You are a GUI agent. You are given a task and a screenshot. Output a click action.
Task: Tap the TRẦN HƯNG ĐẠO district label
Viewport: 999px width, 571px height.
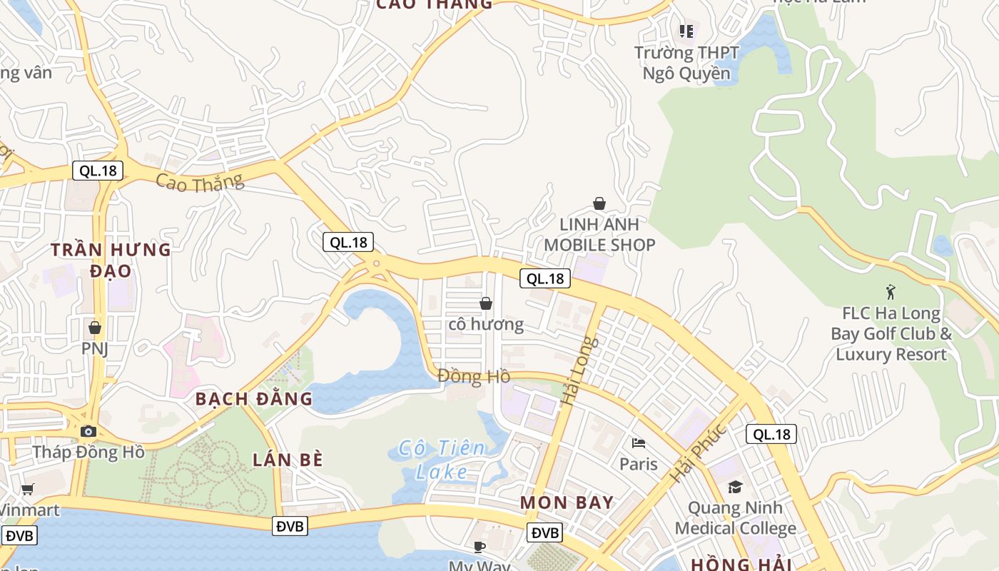point(111,260)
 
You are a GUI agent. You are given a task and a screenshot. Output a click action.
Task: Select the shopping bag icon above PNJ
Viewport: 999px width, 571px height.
point(94,328)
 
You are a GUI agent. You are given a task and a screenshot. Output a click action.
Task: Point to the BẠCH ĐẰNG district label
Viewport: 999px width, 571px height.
point(254,398)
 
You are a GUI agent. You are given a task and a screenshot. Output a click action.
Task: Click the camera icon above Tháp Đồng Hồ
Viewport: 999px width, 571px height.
point(88,431)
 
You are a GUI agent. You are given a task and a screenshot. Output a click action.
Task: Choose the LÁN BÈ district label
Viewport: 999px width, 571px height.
point(288,460)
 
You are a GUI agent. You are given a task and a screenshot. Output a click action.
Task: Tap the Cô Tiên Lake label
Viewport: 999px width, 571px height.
point(442,460)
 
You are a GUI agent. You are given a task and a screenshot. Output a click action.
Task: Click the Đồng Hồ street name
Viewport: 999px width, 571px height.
point(474,375)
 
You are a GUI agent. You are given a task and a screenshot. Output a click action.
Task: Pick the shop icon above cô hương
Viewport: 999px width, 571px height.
point(486,303)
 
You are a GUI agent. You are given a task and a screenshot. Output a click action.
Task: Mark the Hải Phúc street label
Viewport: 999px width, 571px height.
point(698,453)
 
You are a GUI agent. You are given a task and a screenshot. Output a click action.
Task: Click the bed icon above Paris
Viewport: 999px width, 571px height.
point(639,443)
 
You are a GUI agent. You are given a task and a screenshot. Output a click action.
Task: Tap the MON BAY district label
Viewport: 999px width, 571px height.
point(567,502)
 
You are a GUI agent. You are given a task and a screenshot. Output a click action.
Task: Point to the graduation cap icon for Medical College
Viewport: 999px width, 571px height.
point(735,487)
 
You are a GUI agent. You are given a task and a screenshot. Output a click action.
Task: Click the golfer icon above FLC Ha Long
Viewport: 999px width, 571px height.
point(891,291)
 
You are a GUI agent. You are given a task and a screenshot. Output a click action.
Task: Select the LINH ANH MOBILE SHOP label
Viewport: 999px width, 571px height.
point(599,234)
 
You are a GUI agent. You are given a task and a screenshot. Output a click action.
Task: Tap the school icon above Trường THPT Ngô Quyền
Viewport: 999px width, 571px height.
point(686,31)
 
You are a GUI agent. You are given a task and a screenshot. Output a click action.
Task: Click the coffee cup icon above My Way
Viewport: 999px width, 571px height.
point(480,547)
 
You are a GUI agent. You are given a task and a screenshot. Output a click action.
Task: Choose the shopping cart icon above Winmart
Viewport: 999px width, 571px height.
point(28,489)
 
